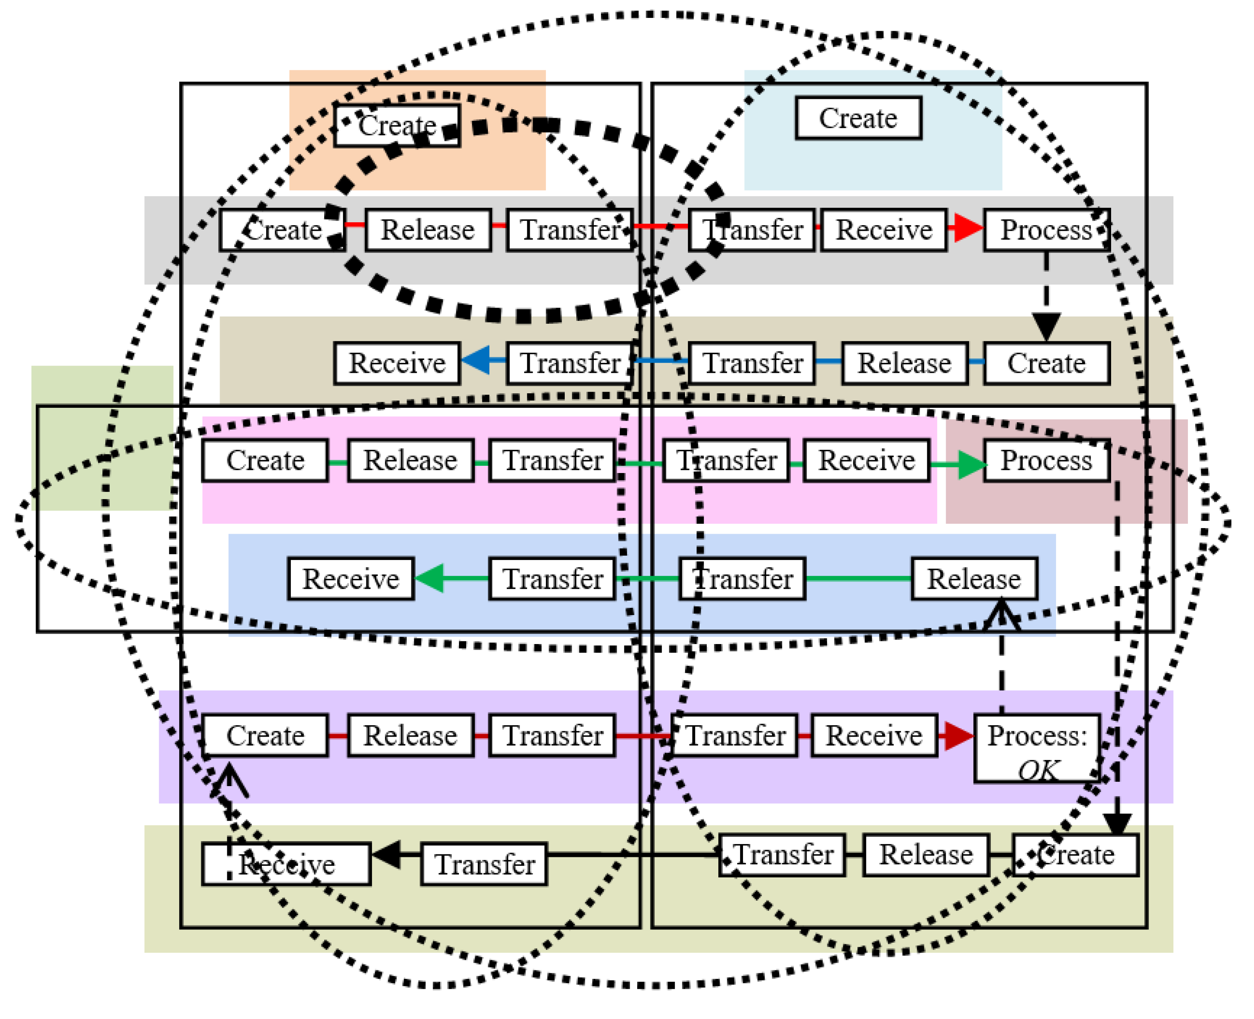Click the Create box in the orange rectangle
(x=397, y=125)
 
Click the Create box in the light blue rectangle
(x=858, y=119)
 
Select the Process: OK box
(x=1037, y=748)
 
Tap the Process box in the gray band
(x=1046, y=229)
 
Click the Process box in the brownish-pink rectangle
(x=1046, y=460)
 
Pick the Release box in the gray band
(x=428, y=229)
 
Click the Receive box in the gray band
(x=884, y=229)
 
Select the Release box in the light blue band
(x=974, y=579)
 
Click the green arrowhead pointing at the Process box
(x=971, y=465)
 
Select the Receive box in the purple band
(x=874, y=735)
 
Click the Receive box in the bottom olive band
(x=286, y=864)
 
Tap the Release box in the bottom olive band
(x=926, y=855)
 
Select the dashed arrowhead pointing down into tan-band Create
(x=1046, y=326)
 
